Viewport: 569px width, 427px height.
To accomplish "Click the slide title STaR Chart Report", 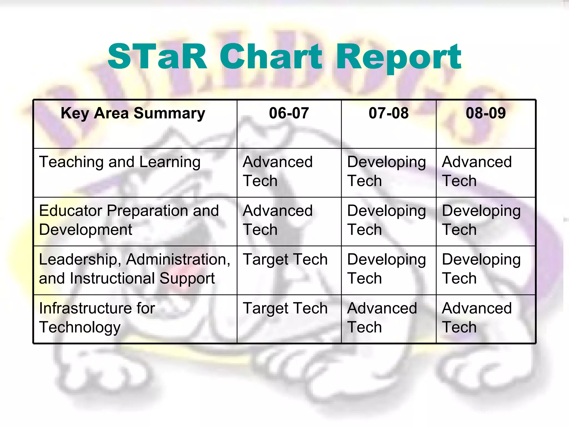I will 284,57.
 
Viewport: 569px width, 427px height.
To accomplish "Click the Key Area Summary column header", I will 133,114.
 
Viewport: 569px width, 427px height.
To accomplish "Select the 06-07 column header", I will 289,113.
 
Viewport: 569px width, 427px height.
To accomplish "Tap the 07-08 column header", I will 388,113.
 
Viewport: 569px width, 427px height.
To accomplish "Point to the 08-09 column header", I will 486,113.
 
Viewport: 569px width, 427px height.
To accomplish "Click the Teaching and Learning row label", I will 120,162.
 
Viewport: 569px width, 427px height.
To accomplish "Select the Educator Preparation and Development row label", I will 129,220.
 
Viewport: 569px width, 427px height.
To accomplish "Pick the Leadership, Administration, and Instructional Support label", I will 134,269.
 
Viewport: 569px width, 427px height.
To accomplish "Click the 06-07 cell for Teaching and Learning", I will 278,171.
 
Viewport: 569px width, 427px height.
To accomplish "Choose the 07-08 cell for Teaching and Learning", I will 386,171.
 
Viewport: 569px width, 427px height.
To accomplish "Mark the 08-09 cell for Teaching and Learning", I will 477,171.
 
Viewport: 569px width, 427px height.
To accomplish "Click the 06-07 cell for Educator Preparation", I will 278,220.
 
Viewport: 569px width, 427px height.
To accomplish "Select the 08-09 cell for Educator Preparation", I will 481,220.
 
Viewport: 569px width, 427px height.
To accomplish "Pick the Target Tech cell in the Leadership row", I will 285,260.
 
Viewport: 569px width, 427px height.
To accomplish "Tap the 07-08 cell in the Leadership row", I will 386,269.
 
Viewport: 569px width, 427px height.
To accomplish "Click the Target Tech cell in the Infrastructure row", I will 285,309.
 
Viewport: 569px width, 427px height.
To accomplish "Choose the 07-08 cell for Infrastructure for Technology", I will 382,317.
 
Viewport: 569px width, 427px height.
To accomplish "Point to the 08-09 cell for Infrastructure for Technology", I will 477,317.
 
